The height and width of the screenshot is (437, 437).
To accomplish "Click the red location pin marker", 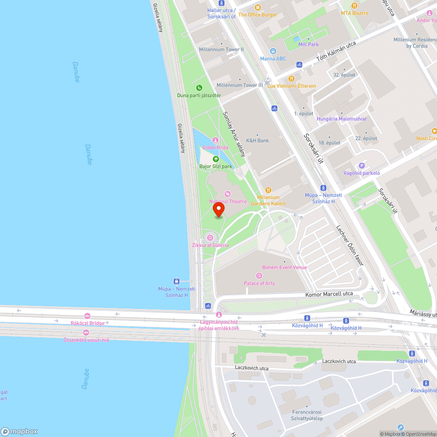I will pyautogui.click(x=218, y=209).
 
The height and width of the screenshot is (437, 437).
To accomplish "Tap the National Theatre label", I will pyautogui.click(x=228, y=201).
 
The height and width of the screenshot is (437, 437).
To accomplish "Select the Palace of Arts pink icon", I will pyautogui.click(x=259, y=276).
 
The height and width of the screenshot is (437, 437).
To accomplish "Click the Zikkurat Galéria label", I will pyautogui.click(x=210, y=245).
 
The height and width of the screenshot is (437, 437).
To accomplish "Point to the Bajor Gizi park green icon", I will pyautogui.click(x=215, y=159).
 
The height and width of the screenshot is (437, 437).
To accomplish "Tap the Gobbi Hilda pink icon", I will pyautogui.click(x=215, y=140).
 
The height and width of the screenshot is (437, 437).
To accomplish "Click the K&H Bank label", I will pyautogui.click(x=257, y=141).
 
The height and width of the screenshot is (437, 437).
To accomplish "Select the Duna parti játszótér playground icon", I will pyautogui.click(x=199, y=88).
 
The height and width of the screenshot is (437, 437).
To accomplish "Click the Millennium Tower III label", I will pyautogui.click(x=240, y=85).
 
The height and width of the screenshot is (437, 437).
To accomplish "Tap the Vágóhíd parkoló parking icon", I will pyautogui.click(x=361, y=166).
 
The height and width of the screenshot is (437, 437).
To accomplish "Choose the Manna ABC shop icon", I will pyautogui.click(x=273, y=51).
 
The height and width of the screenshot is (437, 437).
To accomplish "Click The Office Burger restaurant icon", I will pyautogui.click(x=257, y=7).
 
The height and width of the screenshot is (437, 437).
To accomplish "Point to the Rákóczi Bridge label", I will pyautogui.click(x=87, y=323).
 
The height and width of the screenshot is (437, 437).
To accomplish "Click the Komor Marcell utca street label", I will pyautogui.click(x=329, y=294).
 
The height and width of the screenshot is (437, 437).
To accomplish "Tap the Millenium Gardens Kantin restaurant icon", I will pyautogui.click(x=268, y=190).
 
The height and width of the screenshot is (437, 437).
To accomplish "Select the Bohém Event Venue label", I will pyautogui.click(x=284, y=267).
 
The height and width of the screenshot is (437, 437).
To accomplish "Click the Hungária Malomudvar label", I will pyautogui.click(x=341, y=119).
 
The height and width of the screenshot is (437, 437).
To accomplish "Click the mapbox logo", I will pyautogui.click(x=19, y=431).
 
